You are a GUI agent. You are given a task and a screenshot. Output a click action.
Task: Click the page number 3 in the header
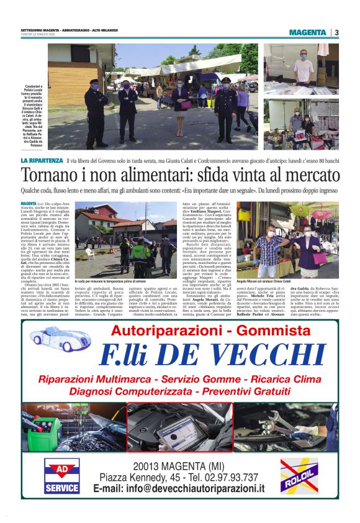[x=336, y=32]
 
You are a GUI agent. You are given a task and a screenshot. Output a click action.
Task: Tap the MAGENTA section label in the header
[x=307, y=32]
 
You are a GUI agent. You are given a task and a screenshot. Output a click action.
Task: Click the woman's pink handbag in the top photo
[x=186, y=104]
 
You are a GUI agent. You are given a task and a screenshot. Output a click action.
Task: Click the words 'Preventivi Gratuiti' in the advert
[x=243, y=391]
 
